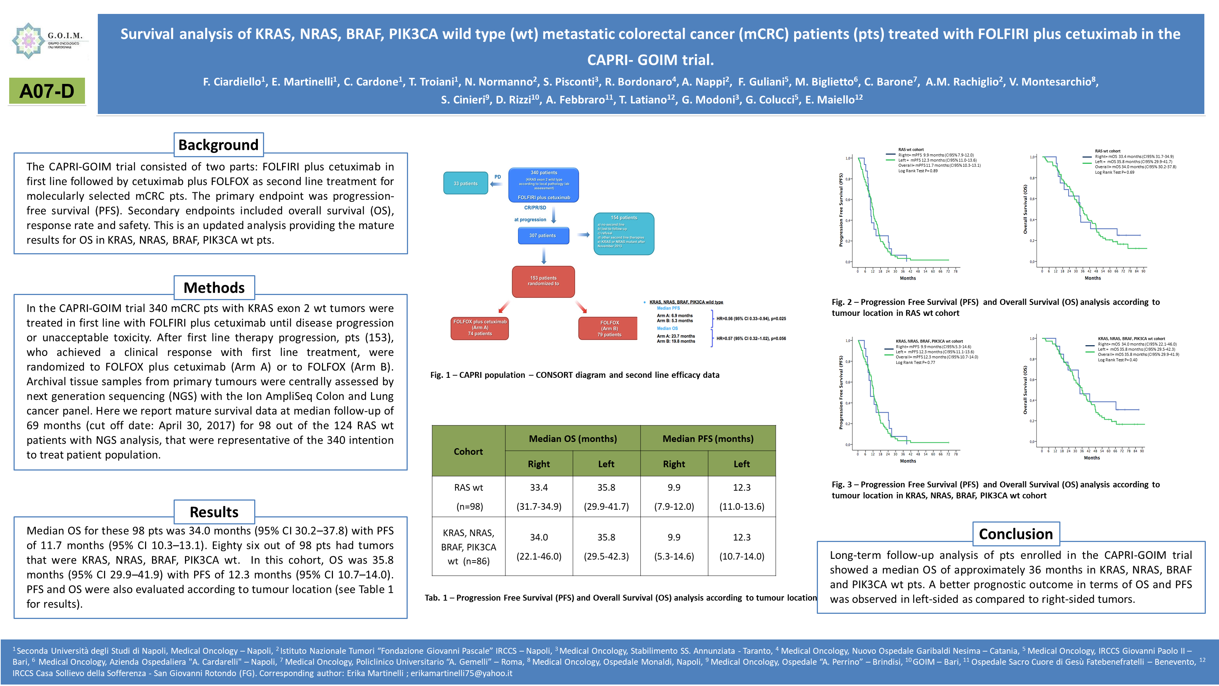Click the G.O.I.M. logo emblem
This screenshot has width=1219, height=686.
point(29,40)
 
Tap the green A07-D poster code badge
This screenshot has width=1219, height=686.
point(47,91)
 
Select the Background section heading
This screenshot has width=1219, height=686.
point(218,145)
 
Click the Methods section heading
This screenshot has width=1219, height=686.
point(214,288)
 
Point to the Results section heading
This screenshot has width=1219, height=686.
point(214,512)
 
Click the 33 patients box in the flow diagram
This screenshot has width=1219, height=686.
point(466,183)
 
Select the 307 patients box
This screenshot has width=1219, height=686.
point(543,235)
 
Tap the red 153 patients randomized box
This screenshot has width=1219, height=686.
point(543,281)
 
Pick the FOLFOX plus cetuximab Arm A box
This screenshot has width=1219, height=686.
point(480,328)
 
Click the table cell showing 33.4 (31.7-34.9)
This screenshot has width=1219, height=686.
point(539,497)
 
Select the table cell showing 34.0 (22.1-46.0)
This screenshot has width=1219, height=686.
point(539,546)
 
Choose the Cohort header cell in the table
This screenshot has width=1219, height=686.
point(468,451)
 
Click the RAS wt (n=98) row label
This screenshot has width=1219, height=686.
point(468,497)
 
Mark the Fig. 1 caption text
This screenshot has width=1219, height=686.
point(574,375)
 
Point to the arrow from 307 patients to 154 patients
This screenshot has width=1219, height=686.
point(583,235)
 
